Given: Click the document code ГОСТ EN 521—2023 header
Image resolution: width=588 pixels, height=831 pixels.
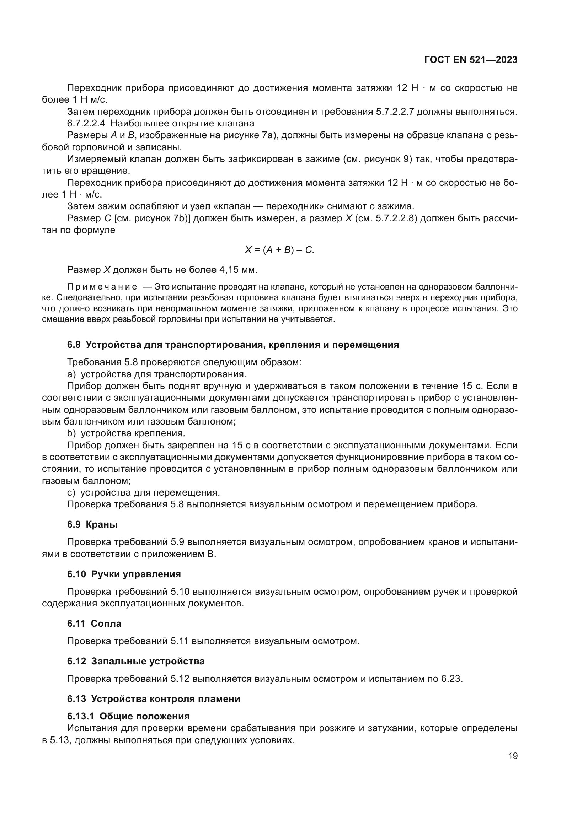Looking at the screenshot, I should click(x=471, y=60).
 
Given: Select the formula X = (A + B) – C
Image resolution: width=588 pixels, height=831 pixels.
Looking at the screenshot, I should click(x=279, y=250).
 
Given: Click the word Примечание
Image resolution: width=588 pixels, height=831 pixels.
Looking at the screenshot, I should click(x=102, y=287).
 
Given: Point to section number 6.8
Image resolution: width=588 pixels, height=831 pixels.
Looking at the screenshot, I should click(x=74, y=345).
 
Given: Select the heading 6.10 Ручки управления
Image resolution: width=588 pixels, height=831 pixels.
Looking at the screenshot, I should click(x=124, y=574).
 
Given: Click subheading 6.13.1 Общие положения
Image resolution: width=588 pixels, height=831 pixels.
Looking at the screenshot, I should click(x=128, y=716).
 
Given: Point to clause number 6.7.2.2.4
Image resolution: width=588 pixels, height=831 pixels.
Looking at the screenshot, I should click(x=86, y=123).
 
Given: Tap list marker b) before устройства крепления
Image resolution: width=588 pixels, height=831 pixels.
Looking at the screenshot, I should click(x=71, y=433).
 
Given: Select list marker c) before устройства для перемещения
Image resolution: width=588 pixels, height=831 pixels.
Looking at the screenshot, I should click(x=71, y=492).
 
